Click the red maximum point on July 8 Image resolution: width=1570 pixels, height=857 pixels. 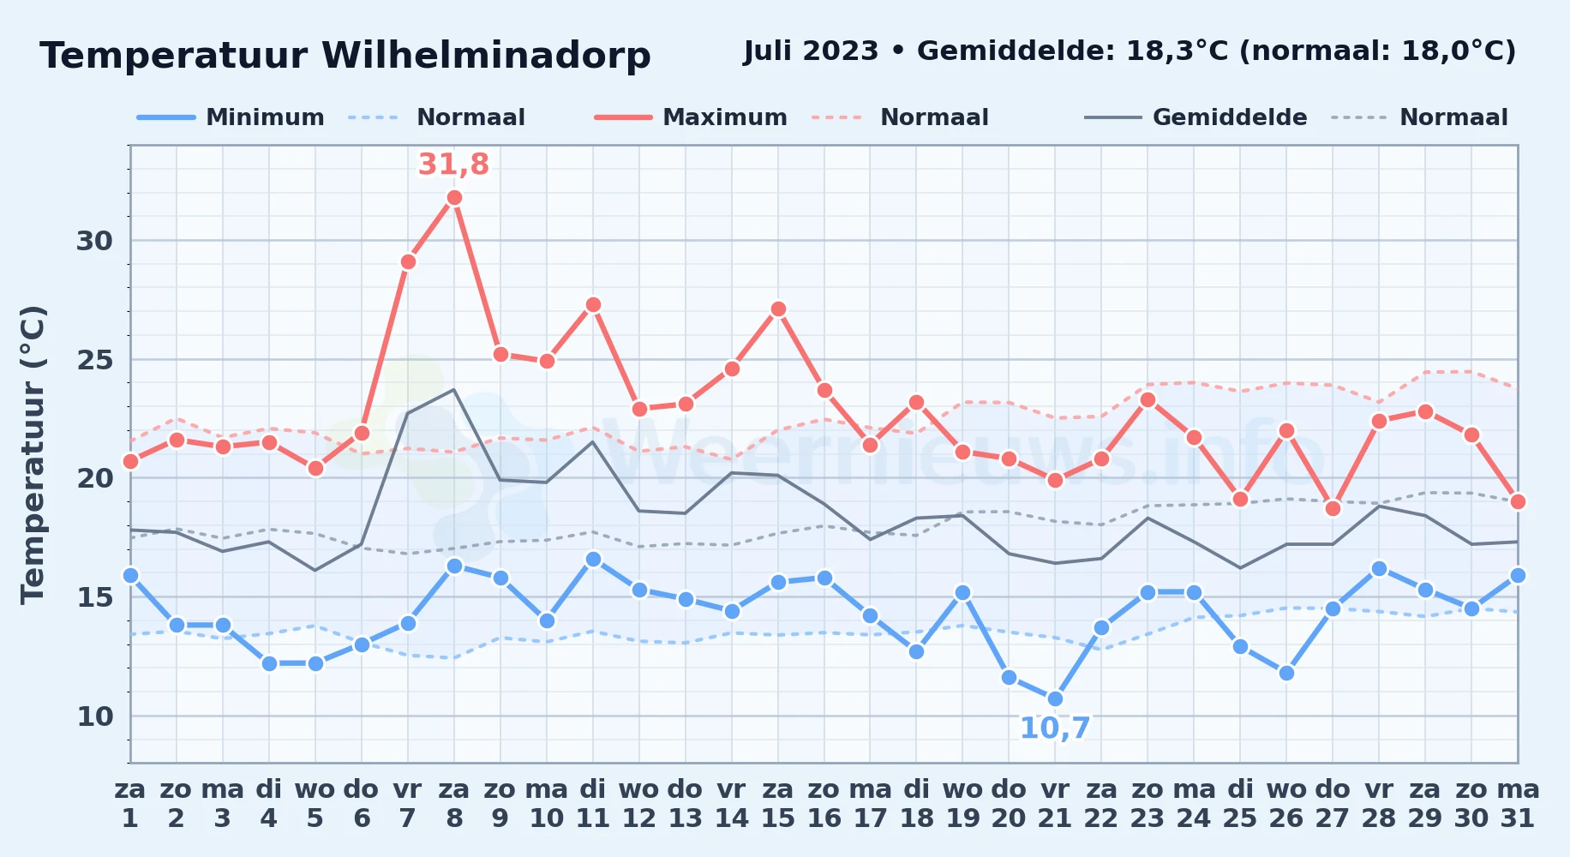coord(454,198)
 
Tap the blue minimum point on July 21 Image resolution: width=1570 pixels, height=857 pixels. coord(1055,699)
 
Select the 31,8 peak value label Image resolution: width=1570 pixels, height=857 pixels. coord(453,164)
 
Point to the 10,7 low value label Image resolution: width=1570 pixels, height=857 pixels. coord(1055,728)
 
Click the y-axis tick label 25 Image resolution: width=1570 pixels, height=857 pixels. coord(95,360)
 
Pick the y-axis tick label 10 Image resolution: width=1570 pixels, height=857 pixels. coord(95,716)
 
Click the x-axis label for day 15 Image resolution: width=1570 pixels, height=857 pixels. coord(778,803)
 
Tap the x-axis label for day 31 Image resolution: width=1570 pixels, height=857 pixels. coord(1518,803)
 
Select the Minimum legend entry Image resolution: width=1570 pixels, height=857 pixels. coord(231,117)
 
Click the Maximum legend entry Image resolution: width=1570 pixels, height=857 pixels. coord(692,117)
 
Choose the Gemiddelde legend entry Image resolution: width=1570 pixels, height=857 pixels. coord(1196,117)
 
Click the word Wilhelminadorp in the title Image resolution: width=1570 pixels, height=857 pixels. coord(486,56)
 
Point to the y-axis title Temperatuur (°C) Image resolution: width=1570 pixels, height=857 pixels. coord(33,455)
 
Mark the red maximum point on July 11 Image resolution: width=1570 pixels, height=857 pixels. coord(593,305)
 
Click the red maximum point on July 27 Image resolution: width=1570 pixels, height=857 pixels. coord(1333,509)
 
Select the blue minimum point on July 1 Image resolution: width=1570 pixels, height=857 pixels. coord(130,576)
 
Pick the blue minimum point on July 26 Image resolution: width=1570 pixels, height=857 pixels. coord(1286,674)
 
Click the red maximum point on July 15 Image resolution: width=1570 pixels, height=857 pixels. coord(778,309)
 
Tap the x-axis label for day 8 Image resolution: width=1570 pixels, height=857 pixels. coord(454,803)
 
